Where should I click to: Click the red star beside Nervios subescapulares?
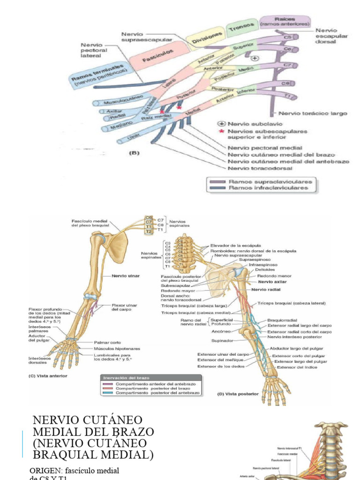click(222, 132)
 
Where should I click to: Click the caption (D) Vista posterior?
click(238, 394)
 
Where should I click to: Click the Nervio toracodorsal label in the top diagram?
click(260, 168)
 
